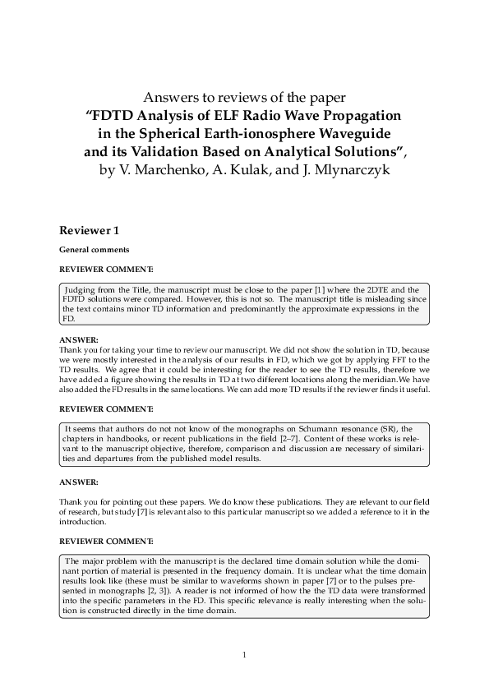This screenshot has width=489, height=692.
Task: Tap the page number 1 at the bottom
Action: tap(245, 655)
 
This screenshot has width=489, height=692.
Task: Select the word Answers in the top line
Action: tap(170, 95)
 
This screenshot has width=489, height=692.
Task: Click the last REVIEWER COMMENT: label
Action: tap(107, 541)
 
